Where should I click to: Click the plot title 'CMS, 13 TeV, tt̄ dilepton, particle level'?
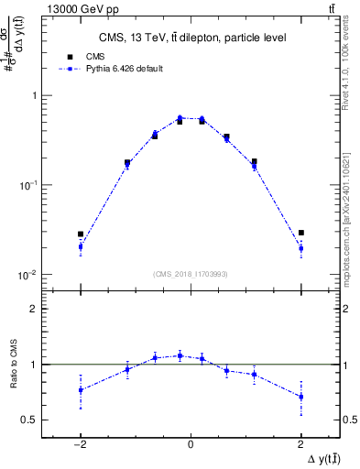tap(191, 38)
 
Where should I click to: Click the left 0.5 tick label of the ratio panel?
tap(29, 420)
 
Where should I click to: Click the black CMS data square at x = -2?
tap(81, 234)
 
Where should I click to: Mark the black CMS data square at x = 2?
tap(300, 234)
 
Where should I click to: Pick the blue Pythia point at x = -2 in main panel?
tap(81, 246)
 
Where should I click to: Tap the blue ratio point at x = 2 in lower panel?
tap(300, 397)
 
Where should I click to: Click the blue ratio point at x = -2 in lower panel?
tap(81, 390)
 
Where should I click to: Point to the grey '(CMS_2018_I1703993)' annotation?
tap(191, 274)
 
